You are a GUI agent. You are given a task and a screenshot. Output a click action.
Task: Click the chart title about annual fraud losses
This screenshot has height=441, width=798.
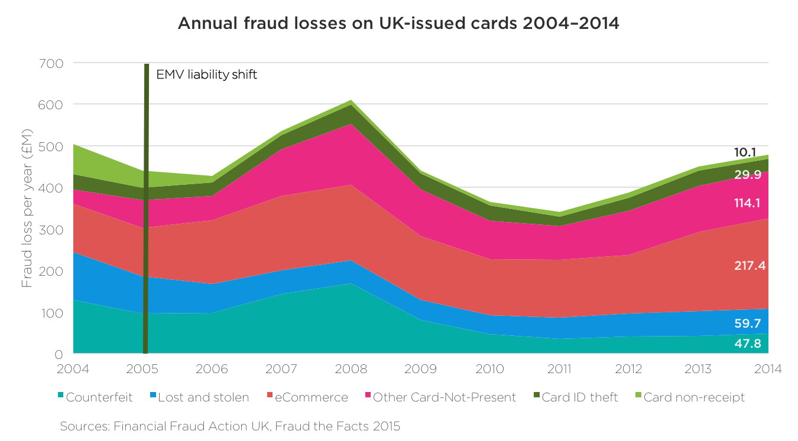tap(398, 24)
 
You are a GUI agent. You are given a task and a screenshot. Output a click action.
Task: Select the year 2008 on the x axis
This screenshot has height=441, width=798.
tap(351, 369)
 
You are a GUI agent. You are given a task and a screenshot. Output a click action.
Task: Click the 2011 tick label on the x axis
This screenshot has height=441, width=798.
tap(559, 369)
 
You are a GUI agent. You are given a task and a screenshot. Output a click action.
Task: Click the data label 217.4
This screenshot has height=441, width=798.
tap(750, 266)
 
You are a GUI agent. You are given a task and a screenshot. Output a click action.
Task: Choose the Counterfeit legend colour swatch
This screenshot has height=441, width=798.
tap(61, 397)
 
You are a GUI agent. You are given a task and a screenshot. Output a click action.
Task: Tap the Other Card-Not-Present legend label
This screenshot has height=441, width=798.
tap(445, 397)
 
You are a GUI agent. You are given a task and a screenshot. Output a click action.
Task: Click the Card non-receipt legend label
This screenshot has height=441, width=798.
tap(694, 397)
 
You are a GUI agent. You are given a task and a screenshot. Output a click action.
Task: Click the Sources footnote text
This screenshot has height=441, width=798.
tap(230, 426)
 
